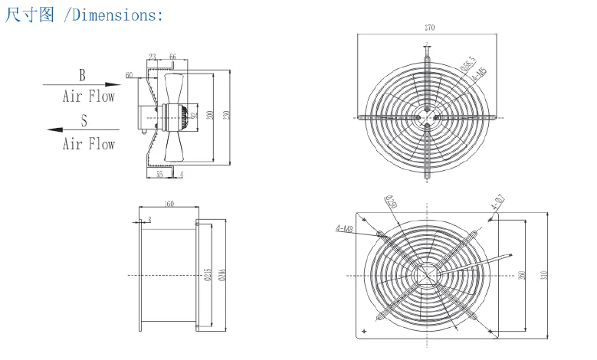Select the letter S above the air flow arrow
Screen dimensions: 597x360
click(84, 120)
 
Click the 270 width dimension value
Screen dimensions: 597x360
click(429, 28)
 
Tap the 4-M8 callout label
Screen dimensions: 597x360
click(345, 228)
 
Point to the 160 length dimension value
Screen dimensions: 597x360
click(169, 204)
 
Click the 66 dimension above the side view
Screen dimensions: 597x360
click(172, 57)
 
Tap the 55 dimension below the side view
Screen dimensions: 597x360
click(160, 175)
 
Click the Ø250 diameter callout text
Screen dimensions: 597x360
click(390, 202)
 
